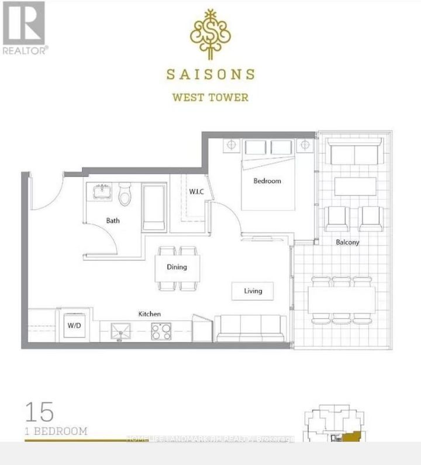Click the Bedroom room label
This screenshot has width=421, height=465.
click(x=267, y=181)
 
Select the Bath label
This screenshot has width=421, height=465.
click(x=113, y=221)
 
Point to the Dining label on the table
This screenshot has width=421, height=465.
click(x=176, y=267)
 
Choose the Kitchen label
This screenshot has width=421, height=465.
click(x=150, y=314)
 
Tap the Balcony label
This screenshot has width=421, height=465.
click(x=347, y=242)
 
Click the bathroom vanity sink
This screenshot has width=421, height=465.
click(x=103, y=191)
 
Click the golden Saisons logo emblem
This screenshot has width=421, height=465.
click(x=210, y=35)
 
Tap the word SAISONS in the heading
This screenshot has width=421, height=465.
click(x=210, y=74)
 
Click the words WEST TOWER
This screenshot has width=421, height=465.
click(x=210, y=97)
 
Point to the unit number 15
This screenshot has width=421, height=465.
click(x=39, y=412)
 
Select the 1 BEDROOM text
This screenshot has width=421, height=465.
click(x=56, y=432)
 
